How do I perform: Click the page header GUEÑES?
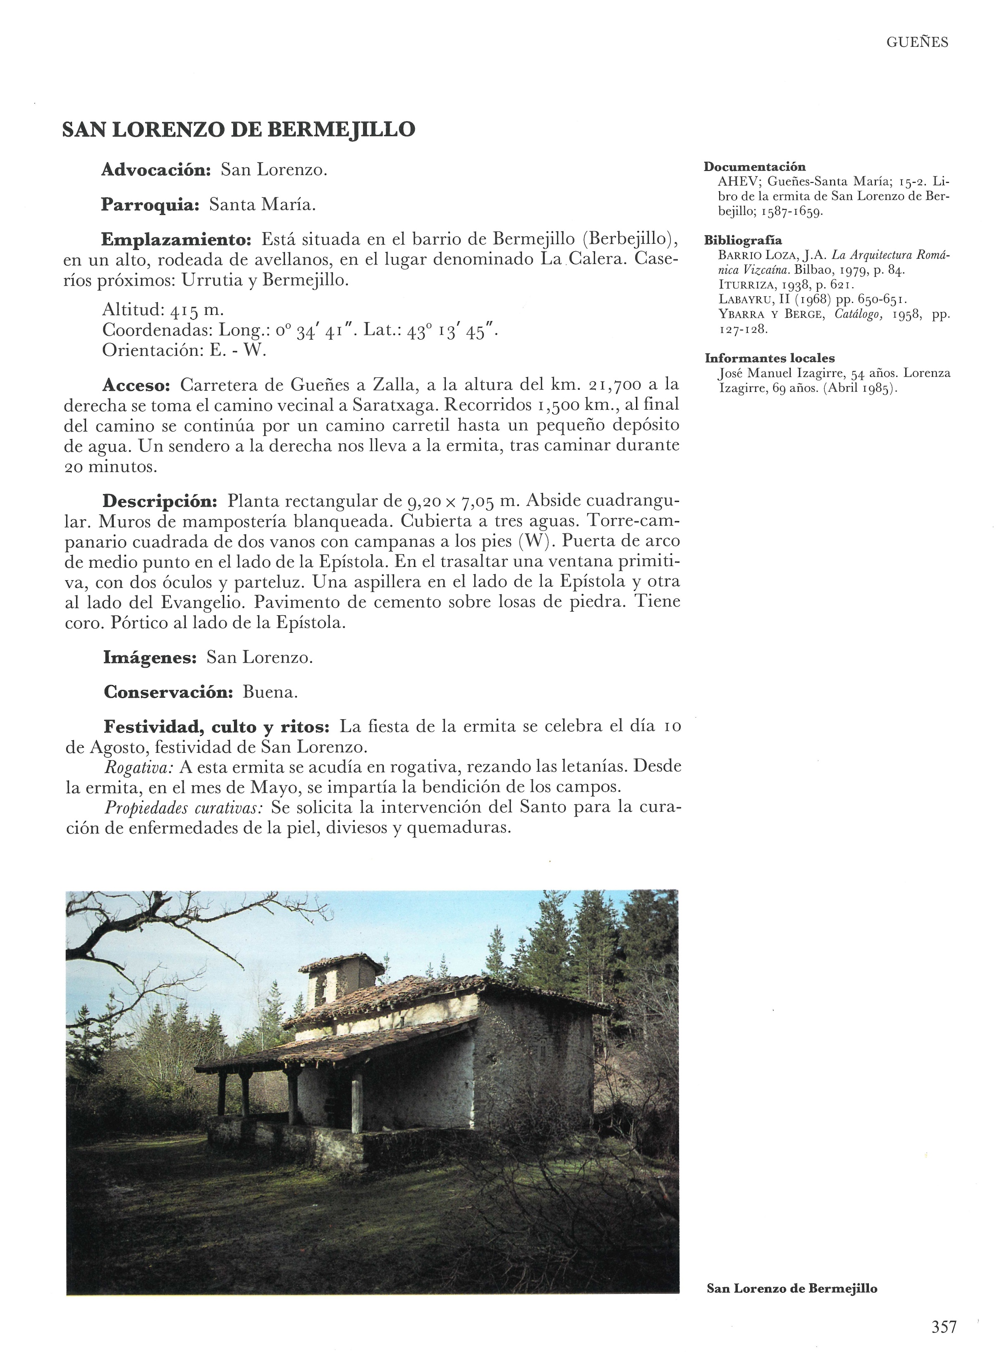(x=917, y=42)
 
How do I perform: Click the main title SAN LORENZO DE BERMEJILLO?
(x=239, y=129)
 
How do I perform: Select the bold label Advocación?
(x=156, y=170)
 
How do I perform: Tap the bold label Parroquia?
(x=151, y=205)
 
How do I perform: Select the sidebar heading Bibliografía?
(x=743, y=240)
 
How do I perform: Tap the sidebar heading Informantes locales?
(x=769, y=358)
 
